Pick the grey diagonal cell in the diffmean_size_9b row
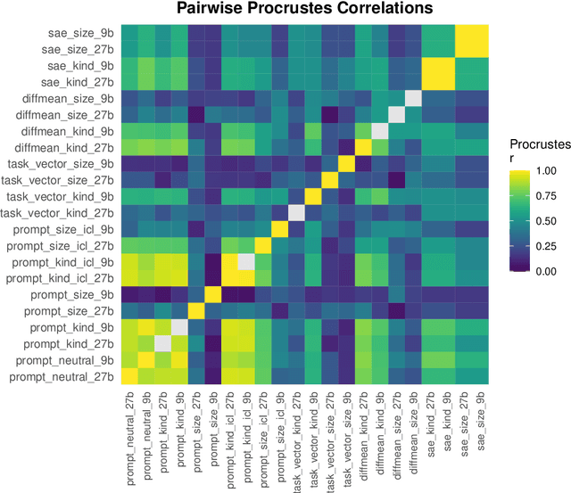(413, 98)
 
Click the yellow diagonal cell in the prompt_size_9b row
(212, 293)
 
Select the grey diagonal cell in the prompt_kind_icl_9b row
(244, 261)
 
